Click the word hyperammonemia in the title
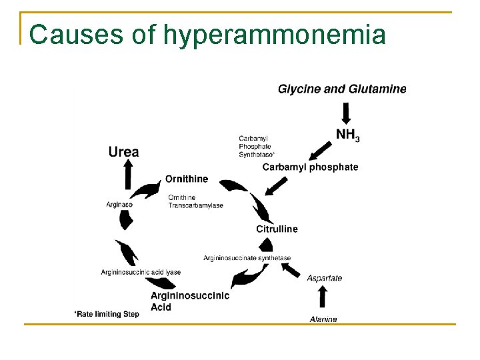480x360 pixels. [x=273, y=35]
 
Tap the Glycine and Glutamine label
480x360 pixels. [x=341, y=89]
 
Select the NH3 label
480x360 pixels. [x=347, y=135]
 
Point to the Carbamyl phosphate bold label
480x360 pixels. [x=310, y=167]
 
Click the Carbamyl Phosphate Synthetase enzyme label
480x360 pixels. [x=257, y=147]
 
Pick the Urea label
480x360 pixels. [x=124, y=152]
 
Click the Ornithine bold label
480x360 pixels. [x=187, y=179]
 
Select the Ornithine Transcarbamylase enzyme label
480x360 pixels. [x=195, y=201]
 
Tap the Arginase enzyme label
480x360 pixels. [x=119, y=205]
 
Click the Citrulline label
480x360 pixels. [x=277, y=229]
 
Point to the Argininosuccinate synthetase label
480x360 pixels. [x=247, y=258]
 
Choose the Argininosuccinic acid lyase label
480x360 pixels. [x=141, y=272]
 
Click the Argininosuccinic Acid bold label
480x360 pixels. [x=189, y=301]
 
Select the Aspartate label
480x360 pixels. [x=324, y=278]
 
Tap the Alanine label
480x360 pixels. [x=323, y=319]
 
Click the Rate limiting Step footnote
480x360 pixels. [x=107, y=313]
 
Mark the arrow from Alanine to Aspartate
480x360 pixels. [x=323, y=298]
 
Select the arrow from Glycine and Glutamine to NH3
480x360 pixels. [x=346, y=111]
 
